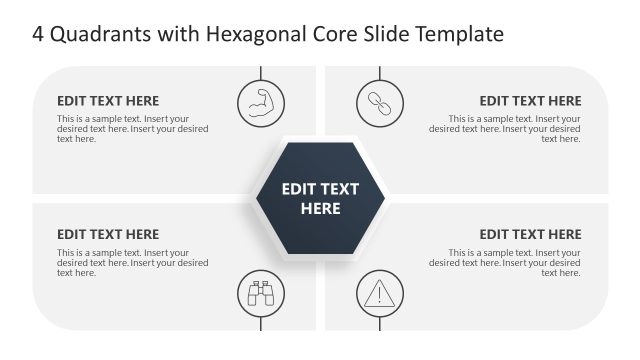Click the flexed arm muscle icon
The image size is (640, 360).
[x=261, y=101]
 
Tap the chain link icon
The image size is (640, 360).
[x=380, y=101]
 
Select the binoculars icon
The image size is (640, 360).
[x=261, y=294]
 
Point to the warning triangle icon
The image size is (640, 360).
[x=380, y=294]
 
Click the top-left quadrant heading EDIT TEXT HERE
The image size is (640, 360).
[x=108, y=101]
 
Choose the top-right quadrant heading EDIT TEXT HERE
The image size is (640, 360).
[x=530, y=101]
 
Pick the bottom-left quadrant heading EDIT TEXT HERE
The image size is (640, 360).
[x=108, y=235]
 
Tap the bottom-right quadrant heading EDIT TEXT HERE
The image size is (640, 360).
[x=530, y=235]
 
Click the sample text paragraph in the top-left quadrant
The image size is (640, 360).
[x=132, y=129]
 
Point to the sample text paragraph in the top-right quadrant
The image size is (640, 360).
[x=505, y=129]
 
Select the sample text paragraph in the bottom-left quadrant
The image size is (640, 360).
[x=132, y=263]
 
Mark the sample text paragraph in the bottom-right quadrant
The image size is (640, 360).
[x=505, y=263]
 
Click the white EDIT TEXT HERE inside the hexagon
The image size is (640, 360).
[x=320, y=199]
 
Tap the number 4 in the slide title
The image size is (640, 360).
[x=39, y=35]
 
